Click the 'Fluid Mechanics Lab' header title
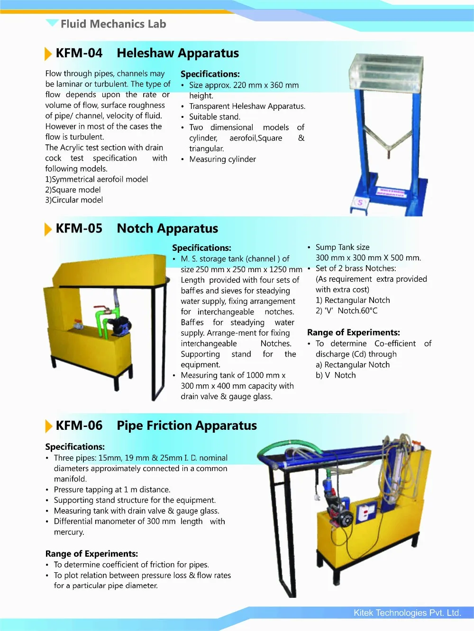[113, 24]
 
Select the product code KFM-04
[79, 53]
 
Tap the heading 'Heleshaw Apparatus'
[178, 53]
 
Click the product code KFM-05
[79, 228]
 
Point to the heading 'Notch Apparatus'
[167, 228]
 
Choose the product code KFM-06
[79, 426]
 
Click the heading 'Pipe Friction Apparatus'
[187, 426]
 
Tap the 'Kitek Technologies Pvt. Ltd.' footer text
[407, 613]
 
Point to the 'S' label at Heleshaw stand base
[360, 203]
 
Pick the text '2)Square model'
[73, 190]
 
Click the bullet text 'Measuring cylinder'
[222, 159]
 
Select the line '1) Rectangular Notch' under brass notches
[353, 300]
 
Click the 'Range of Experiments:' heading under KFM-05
[353, 332]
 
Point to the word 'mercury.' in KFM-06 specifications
[69, 532]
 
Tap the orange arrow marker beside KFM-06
[48, 426]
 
